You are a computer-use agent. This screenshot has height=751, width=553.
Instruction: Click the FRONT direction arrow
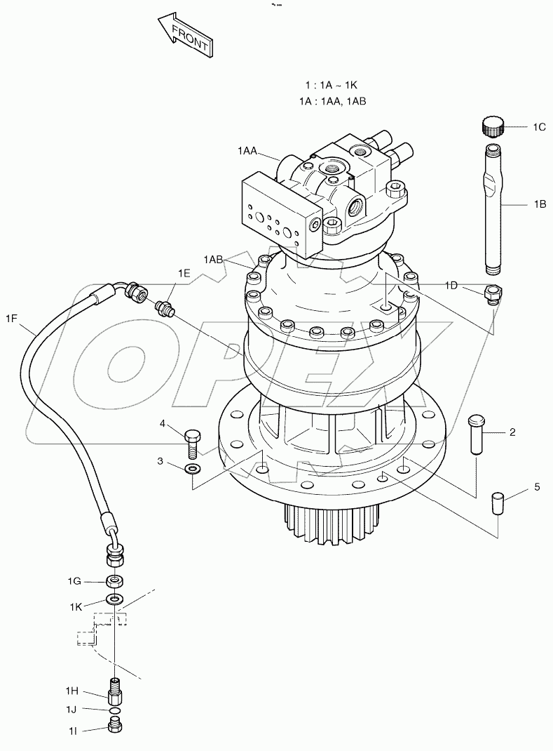pos(184,37)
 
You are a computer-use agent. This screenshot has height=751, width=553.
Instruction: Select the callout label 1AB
pos(213,260)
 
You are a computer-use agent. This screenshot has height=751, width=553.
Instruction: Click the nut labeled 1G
pos(114,580)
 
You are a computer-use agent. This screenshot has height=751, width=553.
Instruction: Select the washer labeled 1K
pos(114,599)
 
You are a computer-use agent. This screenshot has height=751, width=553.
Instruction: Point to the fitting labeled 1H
pos(114,691)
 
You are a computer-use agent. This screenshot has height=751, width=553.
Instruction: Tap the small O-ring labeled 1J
pos(114,710)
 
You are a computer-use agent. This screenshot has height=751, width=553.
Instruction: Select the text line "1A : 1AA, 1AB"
pos(332,101)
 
